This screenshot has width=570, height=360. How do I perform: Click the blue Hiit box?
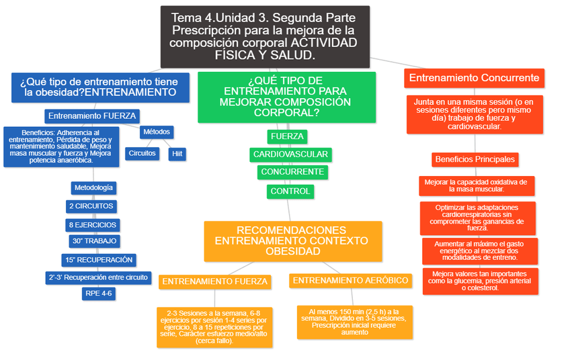click(x=177, y=154)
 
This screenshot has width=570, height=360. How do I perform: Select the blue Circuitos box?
click(x=142, y=153)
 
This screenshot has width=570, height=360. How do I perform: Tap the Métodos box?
click(x=157, y=132)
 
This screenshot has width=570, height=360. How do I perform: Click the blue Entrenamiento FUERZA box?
click(x=93, y=116)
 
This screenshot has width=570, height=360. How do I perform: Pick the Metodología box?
click(x=93, y=187)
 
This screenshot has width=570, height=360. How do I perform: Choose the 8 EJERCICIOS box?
click(x=93, y=225)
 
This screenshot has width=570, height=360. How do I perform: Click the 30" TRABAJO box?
click(x=93, y=241)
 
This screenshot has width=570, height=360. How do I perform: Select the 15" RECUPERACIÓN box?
click(x=99, y=260)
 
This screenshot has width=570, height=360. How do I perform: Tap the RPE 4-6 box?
click(x=98, y=294)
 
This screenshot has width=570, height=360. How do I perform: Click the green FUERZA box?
click(x=287, y=137)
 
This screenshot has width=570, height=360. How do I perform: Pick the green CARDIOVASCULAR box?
click(x=290, y=154)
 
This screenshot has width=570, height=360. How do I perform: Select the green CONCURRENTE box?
click(x=292, y=172)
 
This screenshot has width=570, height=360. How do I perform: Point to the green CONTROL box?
click(x=290, y=191)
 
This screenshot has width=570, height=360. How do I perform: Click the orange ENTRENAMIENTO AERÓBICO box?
click(x=351, y=281)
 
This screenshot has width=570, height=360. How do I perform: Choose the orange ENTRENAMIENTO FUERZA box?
click(x=215, y=281)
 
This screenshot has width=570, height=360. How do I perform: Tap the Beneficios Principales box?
click(x=475, y=159)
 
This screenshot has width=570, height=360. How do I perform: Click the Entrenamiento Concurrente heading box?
click(x=474, y=78)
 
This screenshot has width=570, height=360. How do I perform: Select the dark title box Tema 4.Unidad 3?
click(x=264, y=36)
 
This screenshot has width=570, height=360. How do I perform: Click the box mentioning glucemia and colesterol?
click(x=480, y=281)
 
